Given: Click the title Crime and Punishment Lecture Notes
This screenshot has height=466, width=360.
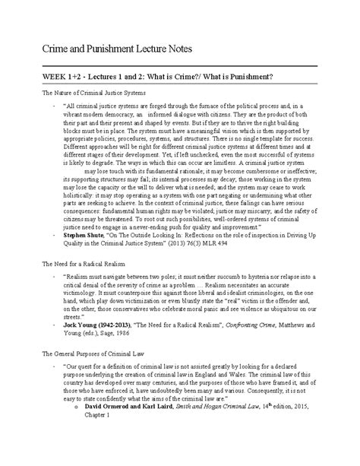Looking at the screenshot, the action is (x=112, y=50).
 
